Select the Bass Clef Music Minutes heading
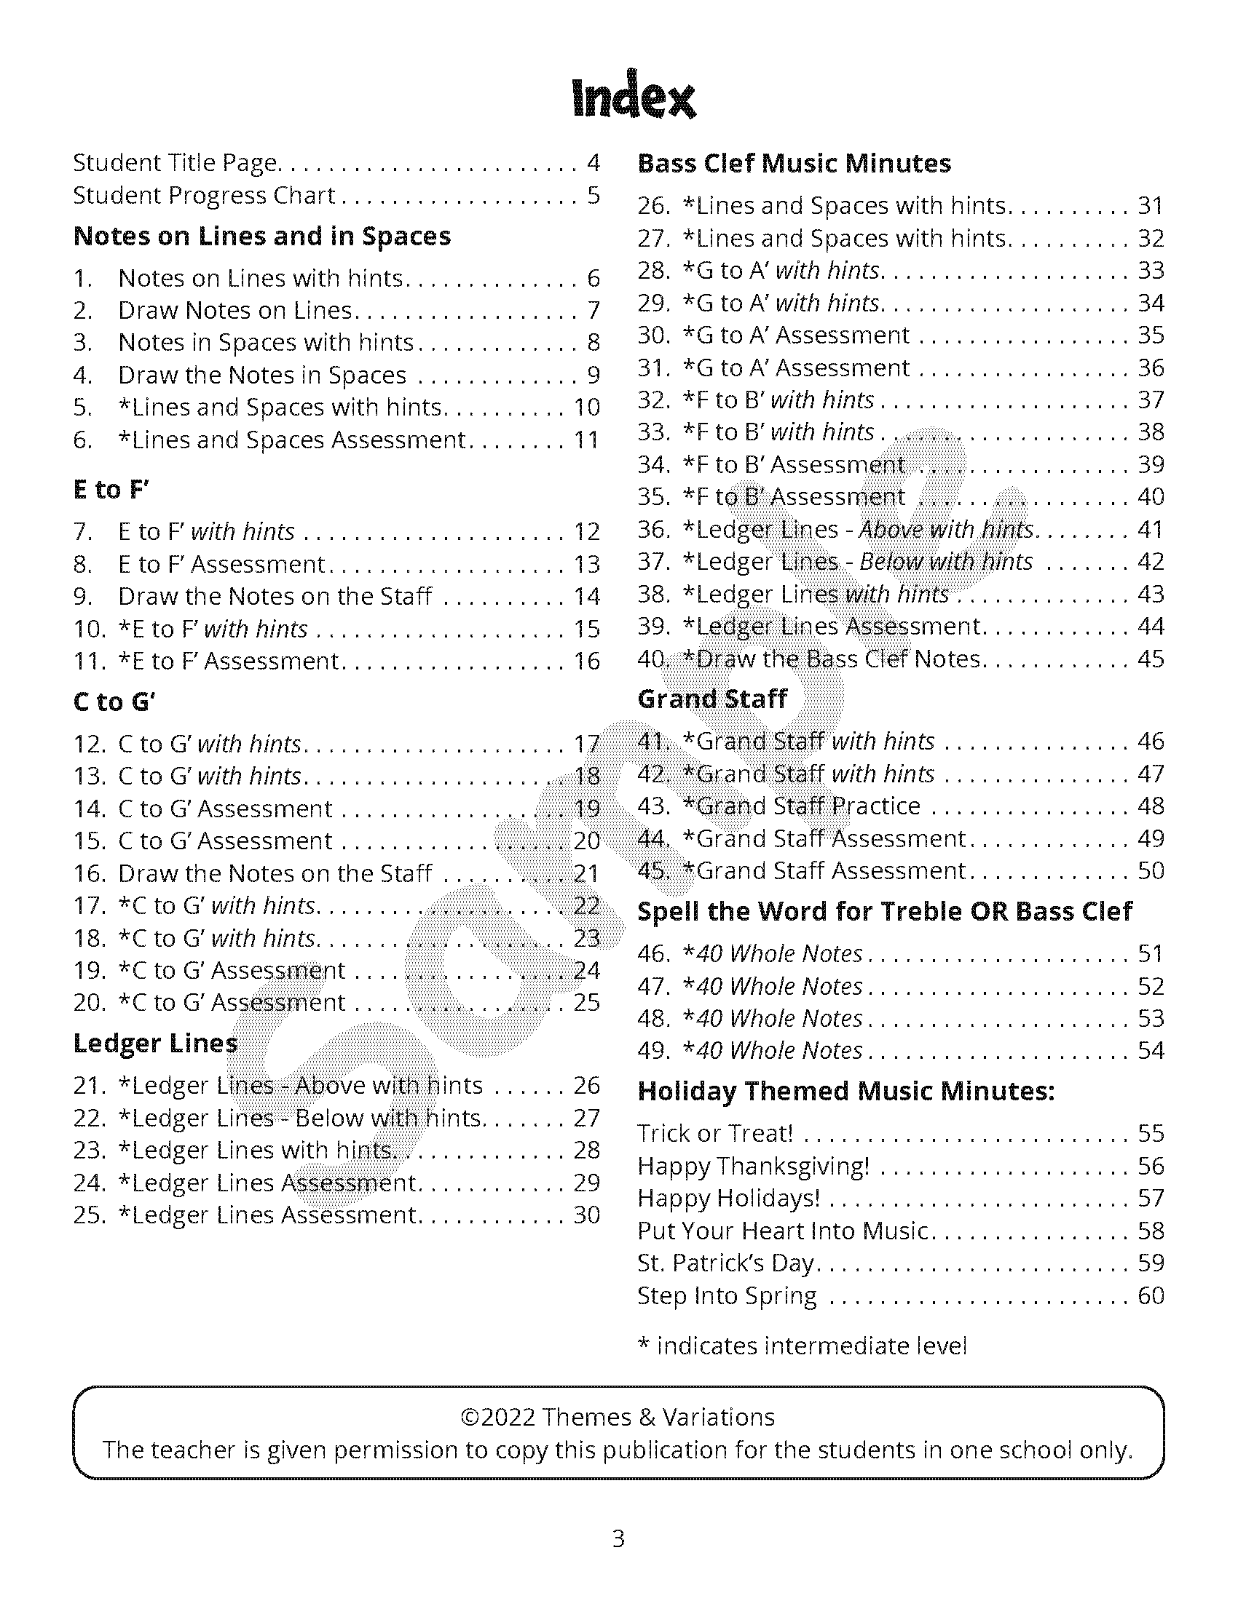(x=794, y=163)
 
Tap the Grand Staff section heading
(x=712, y=699)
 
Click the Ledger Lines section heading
(x=156, y=1043)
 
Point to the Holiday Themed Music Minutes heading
(x=845, y=1091)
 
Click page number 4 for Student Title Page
(x=594, y=163)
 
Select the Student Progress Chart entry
(x=204, y=196)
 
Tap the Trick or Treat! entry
(x=715, y=1133)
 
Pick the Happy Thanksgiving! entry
(x=753, y=1166)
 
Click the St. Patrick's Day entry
(x=726, y=1263)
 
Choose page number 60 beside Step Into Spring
(x=1151, y=1295)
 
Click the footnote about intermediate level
(x=803, y=1346)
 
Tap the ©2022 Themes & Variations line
(x=618, y=1417)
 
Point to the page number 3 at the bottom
(x=618, y=1538)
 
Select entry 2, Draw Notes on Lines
(x=235, y=311)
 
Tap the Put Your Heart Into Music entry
(x=784, y=1231)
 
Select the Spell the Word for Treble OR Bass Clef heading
(x=885, y=911)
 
